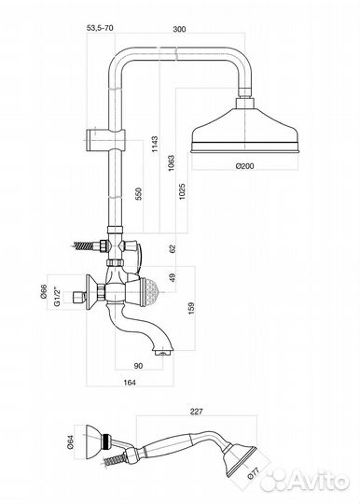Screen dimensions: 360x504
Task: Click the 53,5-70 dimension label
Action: pyautogui.click(x=100, y=28)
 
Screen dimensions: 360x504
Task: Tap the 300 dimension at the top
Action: pyautogui.click(x=179, y=29)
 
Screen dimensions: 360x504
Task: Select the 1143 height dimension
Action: pyautogui.click(x=155, y=144)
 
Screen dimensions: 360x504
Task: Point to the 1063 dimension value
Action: pyautogui.click(x=172, y=163)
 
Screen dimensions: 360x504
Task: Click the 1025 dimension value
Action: pyautogui.click(x=182, y=191)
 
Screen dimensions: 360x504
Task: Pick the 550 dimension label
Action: pyautogui.click(x=138, y=193)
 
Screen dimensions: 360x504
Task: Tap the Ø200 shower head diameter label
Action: pyautogui.click(x=244, y=166)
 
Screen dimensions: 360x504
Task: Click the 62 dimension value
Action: pyautogui.click(x=173, y=248)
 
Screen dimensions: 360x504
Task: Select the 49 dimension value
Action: pyautogui.click(x=173, y=277)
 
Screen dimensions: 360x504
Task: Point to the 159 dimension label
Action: pyautogui.click(x=191, y=308)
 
